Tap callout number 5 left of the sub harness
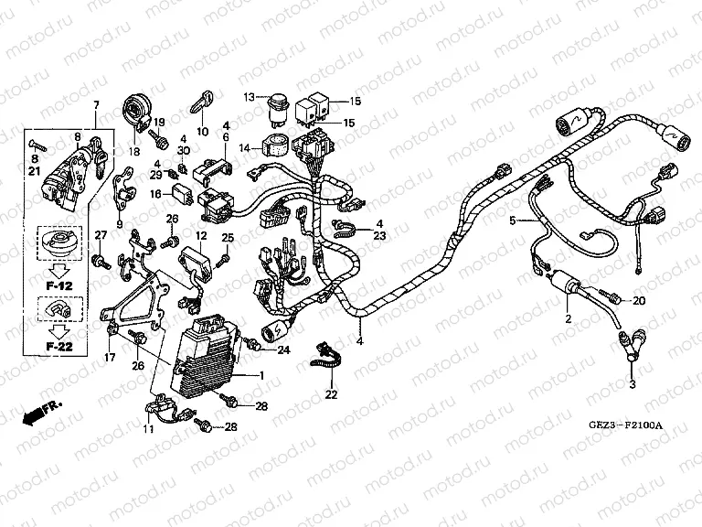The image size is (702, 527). [x=513, y=220]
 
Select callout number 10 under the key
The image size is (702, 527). [x=202, y=131]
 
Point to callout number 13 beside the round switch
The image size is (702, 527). [x=248, y=96]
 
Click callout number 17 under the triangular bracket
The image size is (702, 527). [x=110, y=356]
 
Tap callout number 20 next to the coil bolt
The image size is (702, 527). [x=639, y=300]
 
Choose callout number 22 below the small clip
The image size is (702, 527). [x=331, y=395]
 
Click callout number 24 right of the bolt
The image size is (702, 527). [x=283, y=350]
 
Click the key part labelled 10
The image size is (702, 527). [x=201, y=99]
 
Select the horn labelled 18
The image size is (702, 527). [x=139, y=113]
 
